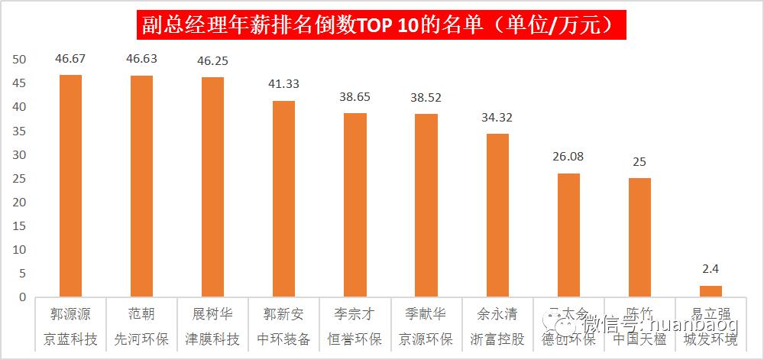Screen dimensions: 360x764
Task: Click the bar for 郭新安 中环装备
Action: click(283, 199)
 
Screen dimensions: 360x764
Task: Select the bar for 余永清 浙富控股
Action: click(497, 215)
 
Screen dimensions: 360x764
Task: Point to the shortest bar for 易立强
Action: click(711, 291)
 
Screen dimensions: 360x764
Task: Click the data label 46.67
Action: click(70, 58)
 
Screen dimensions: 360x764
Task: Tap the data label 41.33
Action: click(283, 84)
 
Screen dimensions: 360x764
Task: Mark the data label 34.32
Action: click(497, 118)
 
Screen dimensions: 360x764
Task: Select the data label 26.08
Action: click(568, 157)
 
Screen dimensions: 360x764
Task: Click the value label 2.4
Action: click(711, 270)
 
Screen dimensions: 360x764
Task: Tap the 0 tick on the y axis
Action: click(23, 297)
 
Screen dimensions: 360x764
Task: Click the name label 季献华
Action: click(426, 314)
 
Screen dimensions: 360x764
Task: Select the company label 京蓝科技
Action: click(70, 339)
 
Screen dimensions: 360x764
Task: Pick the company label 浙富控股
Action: click(497, 339)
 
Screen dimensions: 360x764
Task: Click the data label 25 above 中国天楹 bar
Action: click(639, 162)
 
